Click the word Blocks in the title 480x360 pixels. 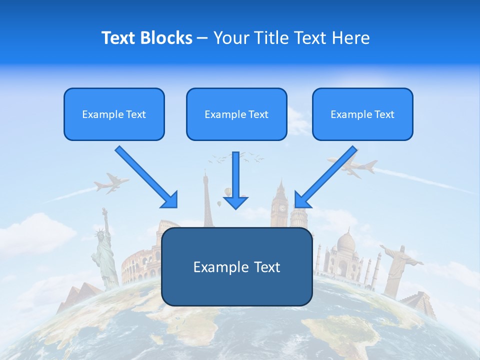pyautogui.click(x=166, y=38)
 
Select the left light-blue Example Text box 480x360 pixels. pyautogui.click(x=114, y=114)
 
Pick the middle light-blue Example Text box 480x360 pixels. pyautogui.click(x=236, y=114)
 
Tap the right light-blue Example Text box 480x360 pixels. pyautogui.click(x=362, y=114)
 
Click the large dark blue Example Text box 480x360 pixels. pyautogui.click(x=236, y=267)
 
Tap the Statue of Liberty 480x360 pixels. pyautogui.click(x=104, y=250)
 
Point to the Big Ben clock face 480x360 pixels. pyautogui.click(x=282, y=207)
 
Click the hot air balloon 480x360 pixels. pyautogui.click(x=228, y=191)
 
